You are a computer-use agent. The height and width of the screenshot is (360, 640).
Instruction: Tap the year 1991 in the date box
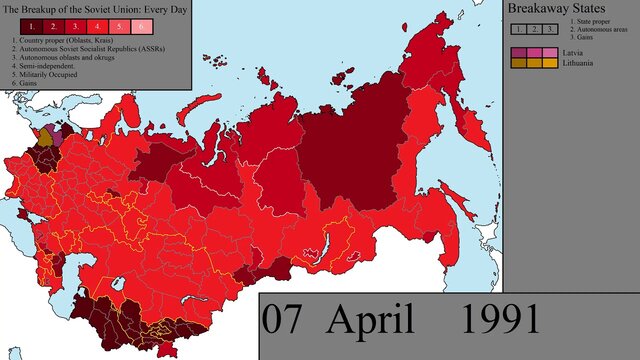click(x=502, y=320)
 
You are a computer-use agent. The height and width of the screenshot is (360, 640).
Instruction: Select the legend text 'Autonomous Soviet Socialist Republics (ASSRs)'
click(x=74, y=48)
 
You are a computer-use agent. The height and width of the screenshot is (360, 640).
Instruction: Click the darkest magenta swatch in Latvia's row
click(x=517, y=50)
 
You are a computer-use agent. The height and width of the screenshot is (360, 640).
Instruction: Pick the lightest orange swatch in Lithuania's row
click(x=551, y=63)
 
